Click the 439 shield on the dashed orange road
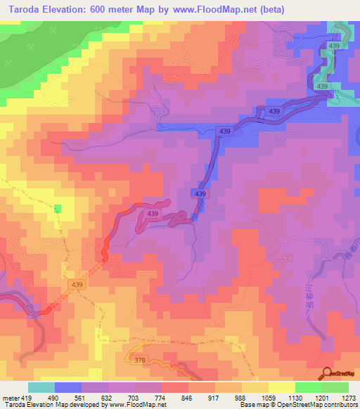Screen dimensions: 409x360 (77, 284)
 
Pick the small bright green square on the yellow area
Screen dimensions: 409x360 (58, 208)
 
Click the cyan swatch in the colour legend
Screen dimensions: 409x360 (41, 387)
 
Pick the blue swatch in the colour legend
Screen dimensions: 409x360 (68, 387)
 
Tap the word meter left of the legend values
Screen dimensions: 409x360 (11, 398)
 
